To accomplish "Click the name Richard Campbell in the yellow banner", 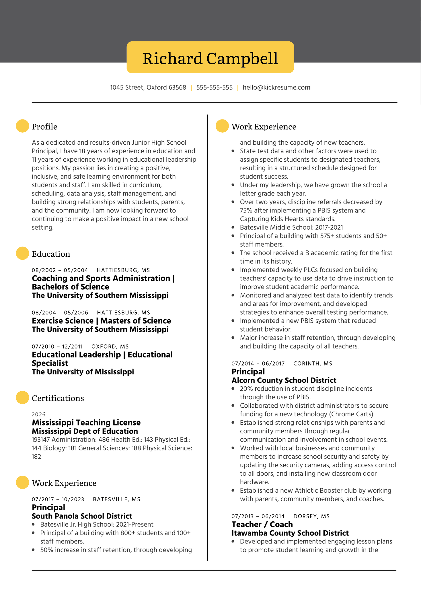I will (x=210, y=58).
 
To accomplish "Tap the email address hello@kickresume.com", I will (x=276, y=88).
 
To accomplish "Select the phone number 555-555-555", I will (x=214, y=88).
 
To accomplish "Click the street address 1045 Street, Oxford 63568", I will (x=148, y=88).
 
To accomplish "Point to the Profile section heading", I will (x=44, y=127).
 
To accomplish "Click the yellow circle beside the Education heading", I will (x=22, y=254).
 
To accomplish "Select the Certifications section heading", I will (x=58, y=398).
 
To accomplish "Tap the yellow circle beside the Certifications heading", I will (x=22, y=398).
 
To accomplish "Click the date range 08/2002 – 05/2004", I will (x=60, y=270).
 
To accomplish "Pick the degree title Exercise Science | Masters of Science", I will (x=101, y=321).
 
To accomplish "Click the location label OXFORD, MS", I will (x=110, y=347).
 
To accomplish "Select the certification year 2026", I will (x=39, y=414).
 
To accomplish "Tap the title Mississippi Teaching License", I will (x=86, y=423).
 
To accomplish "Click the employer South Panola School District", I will (x=82, y=516).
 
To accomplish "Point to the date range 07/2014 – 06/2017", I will (x=258, y=363).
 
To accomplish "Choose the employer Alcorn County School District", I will (x=284, y=380).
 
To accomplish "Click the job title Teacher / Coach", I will (x=262, y=525).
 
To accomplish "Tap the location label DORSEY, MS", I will (x=311, y=516).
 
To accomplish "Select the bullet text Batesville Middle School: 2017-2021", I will (x=291, y=227).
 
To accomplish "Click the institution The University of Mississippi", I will (x=83, y=372).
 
